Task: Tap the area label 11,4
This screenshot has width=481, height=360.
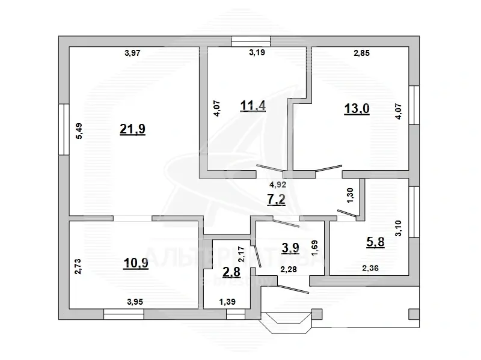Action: coord(253,107)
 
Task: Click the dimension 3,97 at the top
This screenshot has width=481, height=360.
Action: coord(133,53)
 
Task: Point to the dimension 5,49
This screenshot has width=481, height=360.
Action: coord(78,132)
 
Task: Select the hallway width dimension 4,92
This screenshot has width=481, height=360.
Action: coord(277,185)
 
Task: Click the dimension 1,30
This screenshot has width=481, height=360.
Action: coord(351,194)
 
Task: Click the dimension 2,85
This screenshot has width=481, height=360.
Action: coord(361,53)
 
